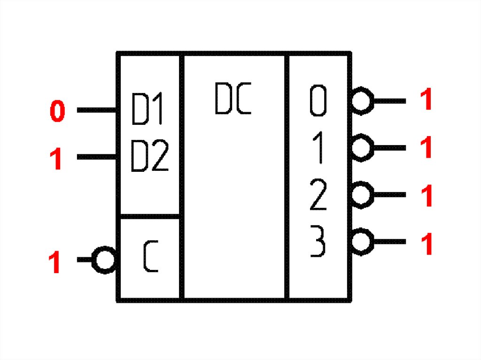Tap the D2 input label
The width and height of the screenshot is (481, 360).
tap(149, 155)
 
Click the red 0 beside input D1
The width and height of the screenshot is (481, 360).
tap(57, 112)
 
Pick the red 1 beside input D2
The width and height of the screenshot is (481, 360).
tap(56, 160)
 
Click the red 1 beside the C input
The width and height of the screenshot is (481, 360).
tap(55, 262)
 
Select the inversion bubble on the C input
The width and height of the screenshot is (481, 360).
tap(104, 260)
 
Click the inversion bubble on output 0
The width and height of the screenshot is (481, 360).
tap(362, 100)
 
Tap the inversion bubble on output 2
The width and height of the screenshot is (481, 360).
tap(362, 194)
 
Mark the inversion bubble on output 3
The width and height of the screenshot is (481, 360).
tap(362, 242)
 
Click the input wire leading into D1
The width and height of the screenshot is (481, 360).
tap(96, 110)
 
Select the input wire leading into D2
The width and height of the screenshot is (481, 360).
tap(96, 156)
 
